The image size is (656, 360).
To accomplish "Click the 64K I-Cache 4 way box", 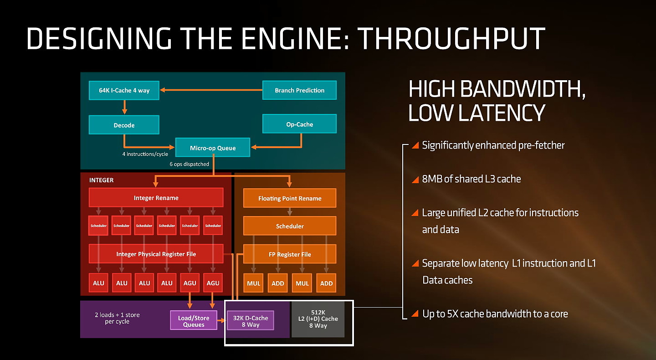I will (x=124, y=90).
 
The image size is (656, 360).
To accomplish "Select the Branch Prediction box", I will (x=299, y=90).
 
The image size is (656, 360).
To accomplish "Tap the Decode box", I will (x=124, y=125).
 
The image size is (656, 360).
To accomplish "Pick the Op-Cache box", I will (x=299, y=124).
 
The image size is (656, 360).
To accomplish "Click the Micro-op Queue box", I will (x=213, y=148).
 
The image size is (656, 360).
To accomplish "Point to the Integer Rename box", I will (x=156, y=198).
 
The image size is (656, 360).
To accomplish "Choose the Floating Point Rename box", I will (x=290, y=198).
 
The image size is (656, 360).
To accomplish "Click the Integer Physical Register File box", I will (x=156, y=254).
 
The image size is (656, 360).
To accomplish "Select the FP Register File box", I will (x=290, y=254).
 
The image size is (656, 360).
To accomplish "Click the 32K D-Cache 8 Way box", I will (x=250, y=321).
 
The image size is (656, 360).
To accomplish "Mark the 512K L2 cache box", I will (x=318, y=319).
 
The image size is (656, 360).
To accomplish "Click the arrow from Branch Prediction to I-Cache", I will (x=210, y=90).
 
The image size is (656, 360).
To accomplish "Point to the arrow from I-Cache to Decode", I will (x=124, y=108).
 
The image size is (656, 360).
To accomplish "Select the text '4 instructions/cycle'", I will (x=145, y=154).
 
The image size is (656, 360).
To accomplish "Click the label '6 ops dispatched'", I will (x=189, y=164).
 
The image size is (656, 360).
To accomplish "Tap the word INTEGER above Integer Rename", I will (x=101, y=180).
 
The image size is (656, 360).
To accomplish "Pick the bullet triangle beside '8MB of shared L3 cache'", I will (x=415, y=180).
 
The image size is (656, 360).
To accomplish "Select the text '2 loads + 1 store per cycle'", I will (x=117, y=318).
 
